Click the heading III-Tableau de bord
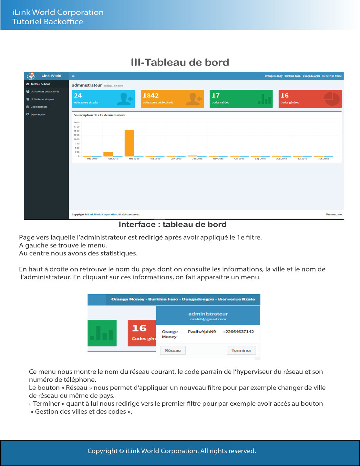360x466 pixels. (x=180, y=62)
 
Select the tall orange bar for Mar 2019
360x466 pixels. (x=129, y=143)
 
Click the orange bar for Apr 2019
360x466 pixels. (x=108, y=154)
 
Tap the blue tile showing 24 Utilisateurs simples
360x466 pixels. (x=103, y=98)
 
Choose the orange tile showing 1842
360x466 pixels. (x=172, y=98)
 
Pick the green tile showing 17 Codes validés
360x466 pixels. (x=241, y=98)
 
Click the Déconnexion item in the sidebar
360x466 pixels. (x=38, y=114)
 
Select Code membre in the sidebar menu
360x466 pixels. (x=39, y=107)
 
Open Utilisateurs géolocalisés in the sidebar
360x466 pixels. (x=45, y=91)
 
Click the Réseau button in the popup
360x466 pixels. (x=173, y=350)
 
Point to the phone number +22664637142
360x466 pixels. (x=238, y=332)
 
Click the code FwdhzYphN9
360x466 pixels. (x=202, y=332)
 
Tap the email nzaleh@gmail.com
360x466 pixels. (x=208, y=319)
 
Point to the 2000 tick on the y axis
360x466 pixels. (x=77, y=122)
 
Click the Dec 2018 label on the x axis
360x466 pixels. (x=197, y=159)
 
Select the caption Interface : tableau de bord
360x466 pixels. (x=172, y=224)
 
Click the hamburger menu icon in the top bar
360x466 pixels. (x=73, y=76)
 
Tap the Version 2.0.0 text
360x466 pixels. (x=334, y=214)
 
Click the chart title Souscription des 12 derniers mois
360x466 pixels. (x=99, y=115)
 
